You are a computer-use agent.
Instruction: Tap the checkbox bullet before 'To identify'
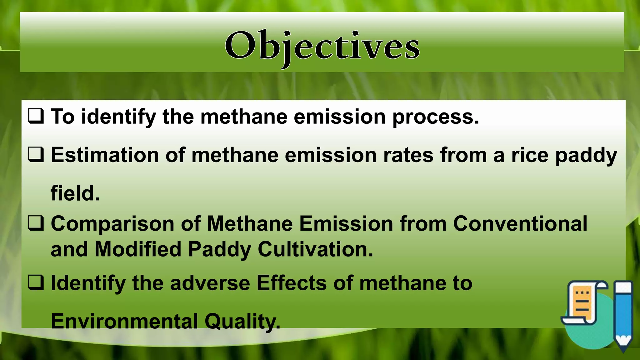[x=36, y=116]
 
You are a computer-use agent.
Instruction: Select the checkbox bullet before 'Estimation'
[x=36, y=155]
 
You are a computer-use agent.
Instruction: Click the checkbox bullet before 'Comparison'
[x=36, y=223]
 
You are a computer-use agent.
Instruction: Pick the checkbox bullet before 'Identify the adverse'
[x=36, y=282]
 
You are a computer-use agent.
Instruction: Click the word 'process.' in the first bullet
[x=436, y=117]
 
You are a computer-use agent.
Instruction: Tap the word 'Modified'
[x=138, y=249]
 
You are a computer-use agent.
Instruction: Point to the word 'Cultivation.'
[x=315, y=249]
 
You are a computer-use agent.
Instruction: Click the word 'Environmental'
[x=124, y=321]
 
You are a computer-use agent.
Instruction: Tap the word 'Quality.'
[x=242, y=322]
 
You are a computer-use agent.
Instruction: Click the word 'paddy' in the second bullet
[x=586, y=156]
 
